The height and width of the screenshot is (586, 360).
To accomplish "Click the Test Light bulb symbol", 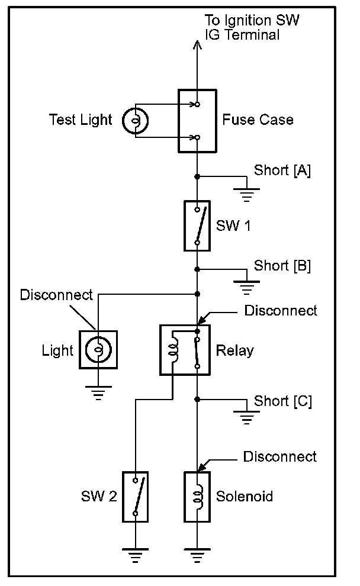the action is click(x=136, y=120).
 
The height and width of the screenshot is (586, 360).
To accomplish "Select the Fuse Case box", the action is click(x=197, y=121).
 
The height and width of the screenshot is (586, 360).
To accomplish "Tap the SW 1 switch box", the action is click(x=197, y=226).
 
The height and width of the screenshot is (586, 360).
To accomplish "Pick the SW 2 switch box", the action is click(x=136, y=497).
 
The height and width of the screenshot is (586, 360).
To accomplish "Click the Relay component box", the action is click(x=185, y=350).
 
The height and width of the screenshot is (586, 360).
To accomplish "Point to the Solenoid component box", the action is click(x=197, y=497).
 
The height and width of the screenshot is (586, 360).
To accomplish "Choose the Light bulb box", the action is click(x=98, y=350).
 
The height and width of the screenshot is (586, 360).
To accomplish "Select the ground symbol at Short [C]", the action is click(x=246, y=418).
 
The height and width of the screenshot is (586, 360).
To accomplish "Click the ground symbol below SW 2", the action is click(x=136, y=555).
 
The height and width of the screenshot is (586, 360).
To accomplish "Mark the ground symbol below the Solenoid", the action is click(x=197, y=555).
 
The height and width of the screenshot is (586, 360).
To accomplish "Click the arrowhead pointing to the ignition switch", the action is click(x=197, y=45).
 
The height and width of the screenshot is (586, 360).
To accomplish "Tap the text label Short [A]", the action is click(x=282, y=170).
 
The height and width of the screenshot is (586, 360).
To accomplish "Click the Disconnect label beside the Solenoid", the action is click(x=279, y=457).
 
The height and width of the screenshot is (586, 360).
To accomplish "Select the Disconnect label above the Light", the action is click(x=56, y=295).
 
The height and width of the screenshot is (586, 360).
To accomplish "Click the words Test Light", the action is click(x=81, y=120).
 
